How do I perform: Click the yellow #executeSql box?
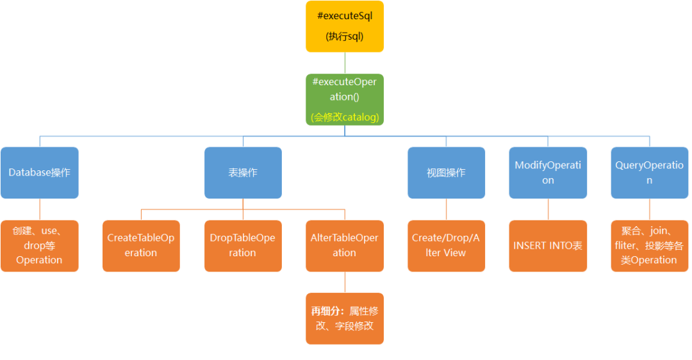[x=345, y=26]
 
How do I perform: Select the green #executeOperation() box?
[x=345, y=99]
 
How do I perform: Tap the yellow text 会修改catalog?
[x=345, y=117]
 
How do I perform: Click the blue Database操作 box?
[x=40, y=172]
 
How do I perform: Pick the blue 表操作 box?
[x=243, y=172]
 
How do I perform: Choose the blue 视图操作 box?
[x=446, y=172]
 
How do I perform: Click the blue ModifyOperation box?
[x=548, y=172]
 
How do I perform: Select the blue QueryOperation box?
[x=649, y=172]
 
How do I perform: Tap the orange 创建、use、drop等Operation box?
[x=40, y=246]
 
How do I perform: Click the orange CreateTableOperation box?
[x=141, y=246]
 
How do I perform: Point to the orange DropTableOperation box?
[x=243, y=246]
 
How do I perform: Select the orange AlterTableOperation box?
[x=345, y=246]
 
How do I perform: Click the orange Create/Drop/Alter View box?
[x=446, y=246]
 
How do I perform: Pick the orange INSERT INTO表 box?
[x=548, y=246]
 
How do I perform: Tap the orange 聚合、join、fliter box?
[x=649, y=246]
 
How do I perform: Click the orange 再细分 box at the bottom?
[x=345, y=318]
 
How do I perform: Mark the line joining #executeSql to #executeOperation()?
[x=345, y=63]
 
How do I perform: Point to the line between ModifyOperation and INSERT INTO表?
[x=548, y=209]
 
